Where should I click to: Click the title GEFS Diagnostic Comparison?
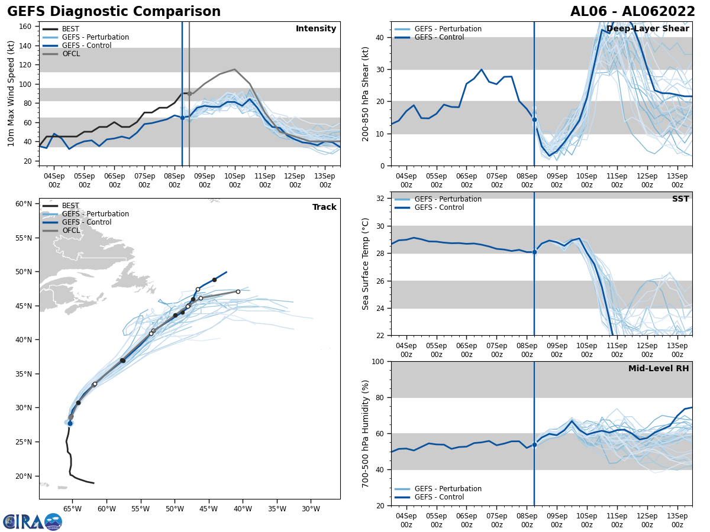click(x=114, y=12)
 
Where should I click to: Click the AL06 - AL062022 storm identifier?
click(x=632, y=12)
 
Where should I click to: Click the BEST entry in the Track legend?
click(x=70, y=206)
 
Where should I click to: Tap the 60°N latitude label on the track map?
click(x=24, y=204)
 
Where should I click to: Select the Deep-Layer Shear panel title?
click(x=647, y=29)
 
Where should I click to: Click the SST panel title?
click(x=680, y=199)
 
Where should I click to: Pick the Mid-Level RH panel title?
click(x=659, y=369)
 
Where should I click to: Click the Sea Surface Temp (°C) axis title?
click(x=366, y=264)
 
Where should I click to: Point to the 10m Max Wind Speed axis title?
click(x=11, y=93)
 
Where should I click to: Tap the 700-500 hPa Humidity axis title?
click(x=366, y=433)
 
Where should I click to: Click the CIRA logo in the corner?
click(x=33, y=521)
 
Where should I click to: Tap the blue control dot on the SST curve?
click(x=534, y=252)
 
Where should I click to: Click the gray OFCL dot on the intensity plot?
click(x=189, y=93)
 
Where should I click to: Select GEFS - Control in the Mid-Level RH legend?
click(x=439, y=497)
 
